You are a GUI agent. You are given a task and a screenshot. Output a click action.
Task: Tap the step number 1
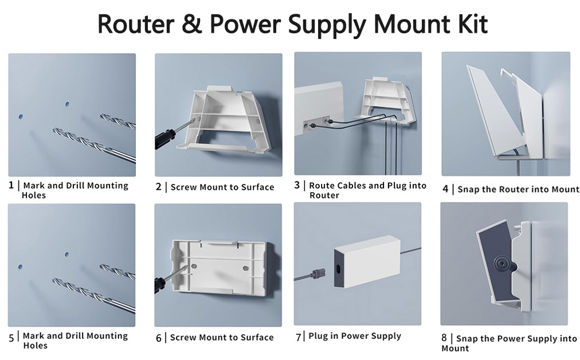coord(11,185)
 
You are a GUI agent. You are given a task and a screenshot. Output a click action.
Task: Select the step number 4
coord(445,189)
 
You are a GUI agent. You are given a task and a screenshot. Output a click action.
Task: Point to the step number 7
coord(298,336)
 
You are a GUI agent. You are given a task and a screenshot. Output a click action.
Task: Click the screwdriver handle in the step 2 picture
coord(165,138)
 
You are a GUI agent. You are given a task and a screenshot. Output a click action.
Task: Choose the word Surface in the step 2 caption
coord(258,187)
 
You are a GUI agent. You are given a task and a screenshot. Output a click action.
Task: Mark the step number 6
coord(159,338)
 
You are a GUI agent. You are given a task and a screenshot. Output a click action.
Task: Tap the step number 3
coord(297,185)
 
